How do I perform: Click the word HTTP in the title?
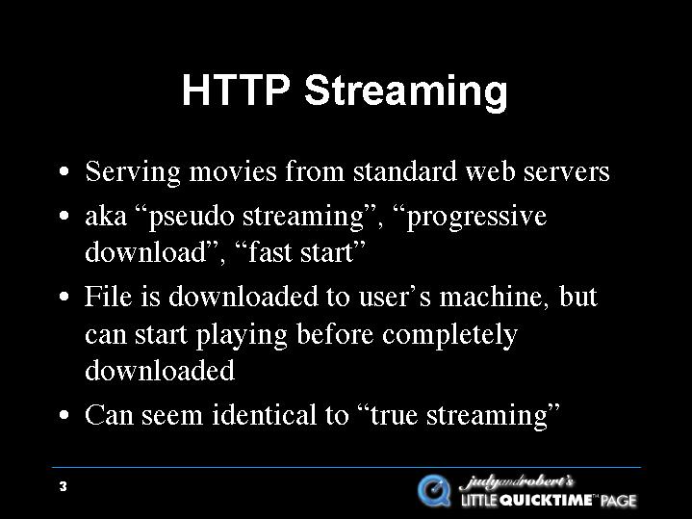point(236,90)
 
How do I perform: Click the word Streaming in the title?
point(406,93)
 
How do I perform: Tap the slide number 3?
point(64,486)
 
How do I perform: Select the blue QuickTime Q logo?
point(434,490)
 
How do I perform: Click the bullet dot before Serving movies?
point(64,171)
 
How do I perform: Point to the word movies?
point(233,171)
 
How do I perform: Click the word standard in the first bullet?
point(404,170)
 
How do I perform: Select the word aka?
point(106,217)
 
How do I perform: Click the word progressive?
point(476,218)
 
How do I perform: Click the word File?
point(108,296)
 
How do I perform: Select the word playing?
point(242,335)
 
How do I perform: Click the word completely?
point(449,335)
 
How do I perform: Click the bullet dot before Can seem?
point(64,415)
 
